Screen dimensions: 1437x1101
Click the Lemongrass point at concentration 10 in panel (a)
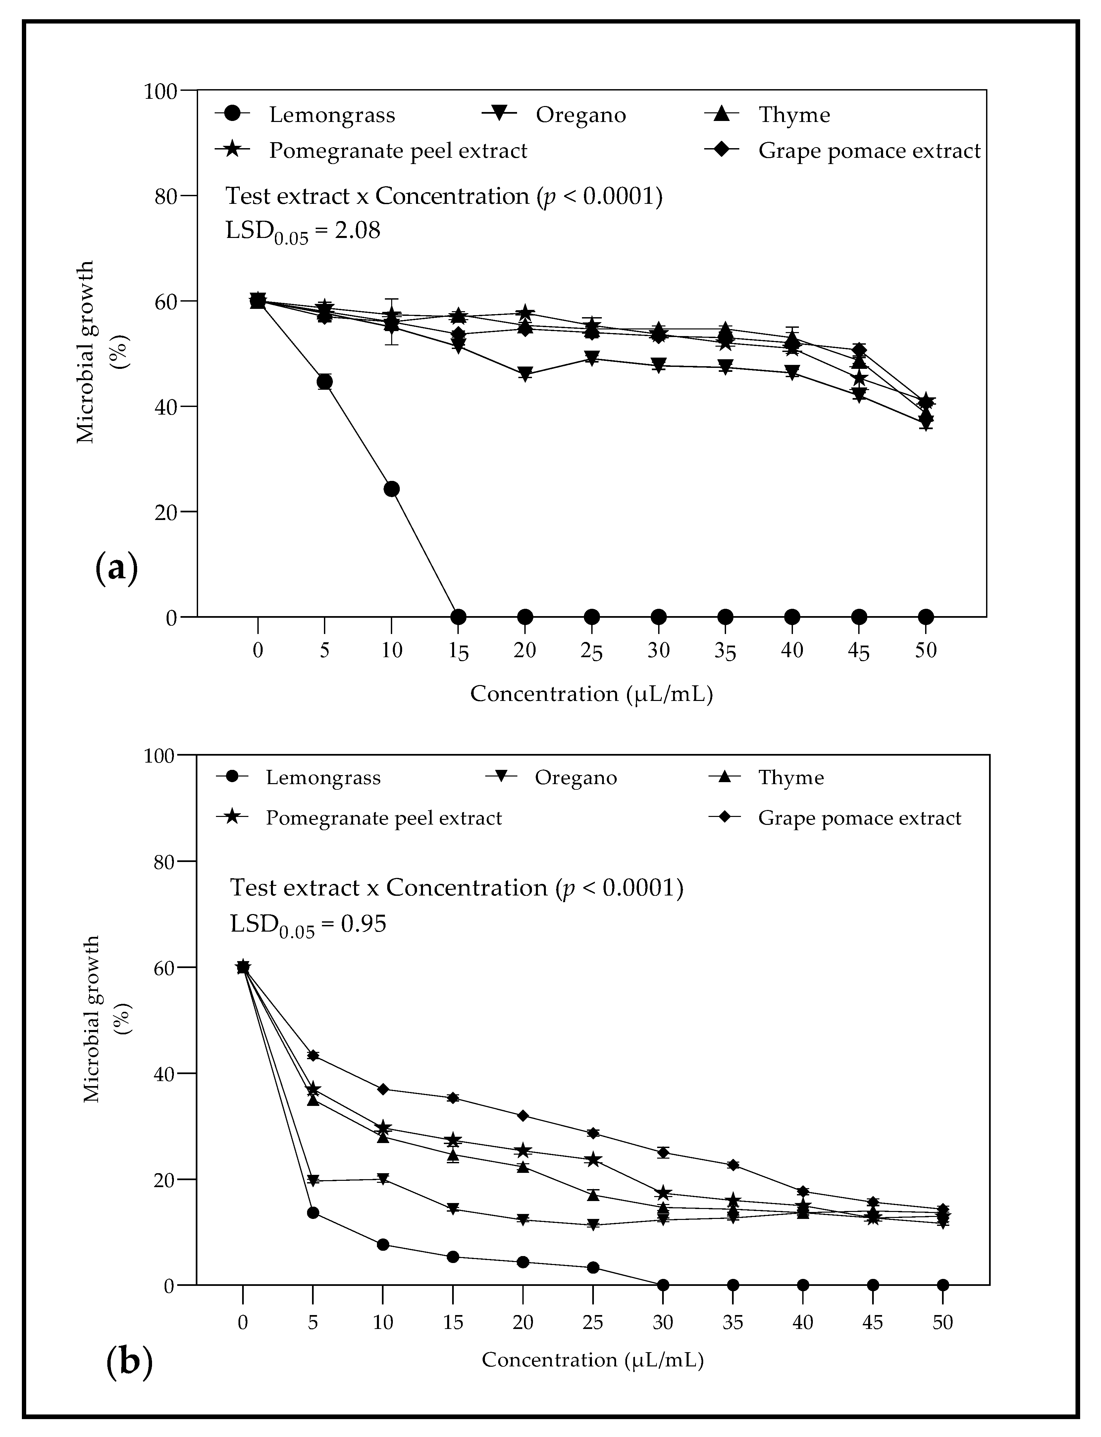click(x=391, y=489)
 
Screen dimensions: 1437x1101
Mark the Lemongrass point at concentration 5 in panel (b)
click(x=313, y=1213)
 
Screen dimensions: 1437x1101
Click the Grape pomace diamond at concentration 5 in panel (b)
click(x=313, y=1056)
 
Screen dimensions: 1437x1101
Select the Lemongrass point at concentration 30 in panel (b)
click(x=662, y=1285)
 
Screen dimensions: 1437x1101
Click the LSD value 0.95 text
click(x=308, y=924)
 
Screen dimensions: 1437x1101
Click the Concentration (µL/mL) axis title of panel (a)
click(x=591, y=694)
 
